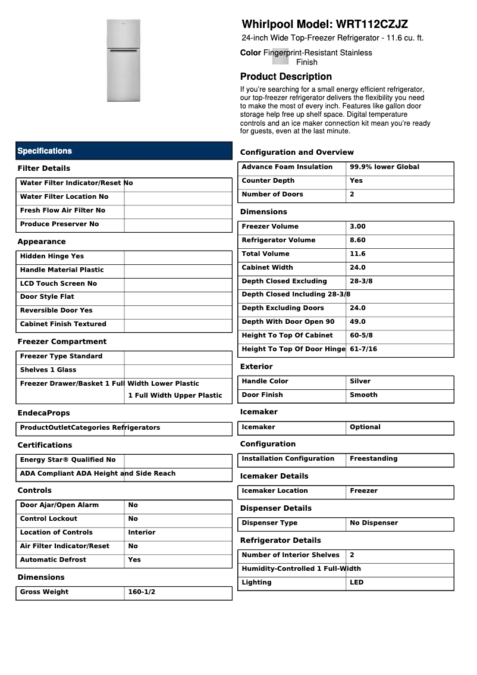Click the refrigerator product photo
[x=124, y=60]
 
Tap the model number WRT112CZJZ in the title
[x=372, y=24]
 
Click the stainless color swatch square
[x=280, y=57]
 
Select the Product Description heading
[x=286, y=77]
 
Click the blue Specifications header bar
[x=124, y=151]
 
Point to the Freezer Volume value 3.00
[x=357, y=227]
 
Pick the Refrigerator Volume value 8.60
[x=357, y=240]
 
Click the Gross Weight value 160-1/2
[x=142, y=592]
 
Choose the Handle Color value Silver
[x=360, y=382]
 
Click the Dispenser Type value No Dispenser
[x=374, y=523]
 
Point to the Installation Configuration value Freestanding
[x=374, y=459]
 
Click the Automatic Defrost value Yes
[x=134, y=560]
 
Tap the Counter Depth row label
[x=268, y=181]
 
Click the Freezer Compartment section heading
[x=62, y=342]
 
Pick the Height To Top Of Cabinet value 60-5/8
[x=361, y=336]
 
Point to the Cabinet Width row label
[x=267, y=268]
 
